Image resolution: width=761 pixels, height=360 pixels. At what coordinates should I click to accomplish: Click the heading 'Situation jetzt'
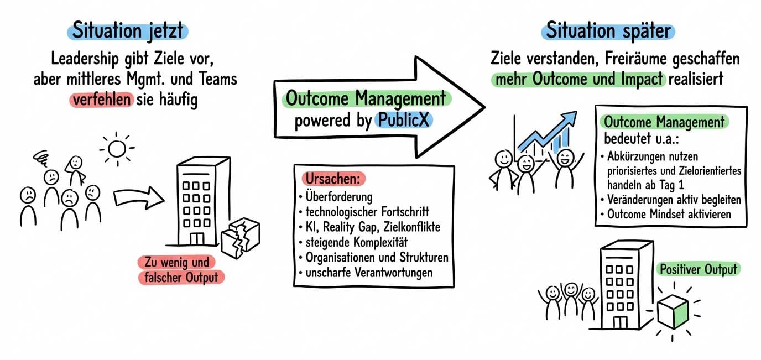pos(128,30)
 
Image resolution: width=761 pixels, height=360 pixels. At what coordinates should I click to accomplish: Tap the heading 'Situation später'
pos(607,30)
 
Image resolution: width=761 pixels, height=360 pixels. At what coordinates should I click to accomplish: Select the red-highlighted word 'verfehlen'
pos(102,101)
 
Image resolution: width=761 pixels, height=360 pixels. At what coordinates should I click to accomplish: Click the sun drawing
pos(117,149)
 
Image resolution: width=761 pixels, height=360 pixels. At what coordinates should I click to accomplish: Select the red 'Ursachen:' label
pos(334,180)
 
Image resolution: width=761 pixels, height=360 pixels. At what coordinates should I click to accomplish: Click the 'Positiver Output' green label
pos(697,269)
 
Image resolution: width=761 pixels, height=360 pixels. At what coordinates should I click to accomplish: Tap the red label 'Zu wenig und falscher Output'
pos(181,270)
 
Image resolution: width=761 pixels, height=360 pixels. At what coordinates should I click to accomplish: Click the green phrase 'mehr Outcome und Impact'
pos(578,79)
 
